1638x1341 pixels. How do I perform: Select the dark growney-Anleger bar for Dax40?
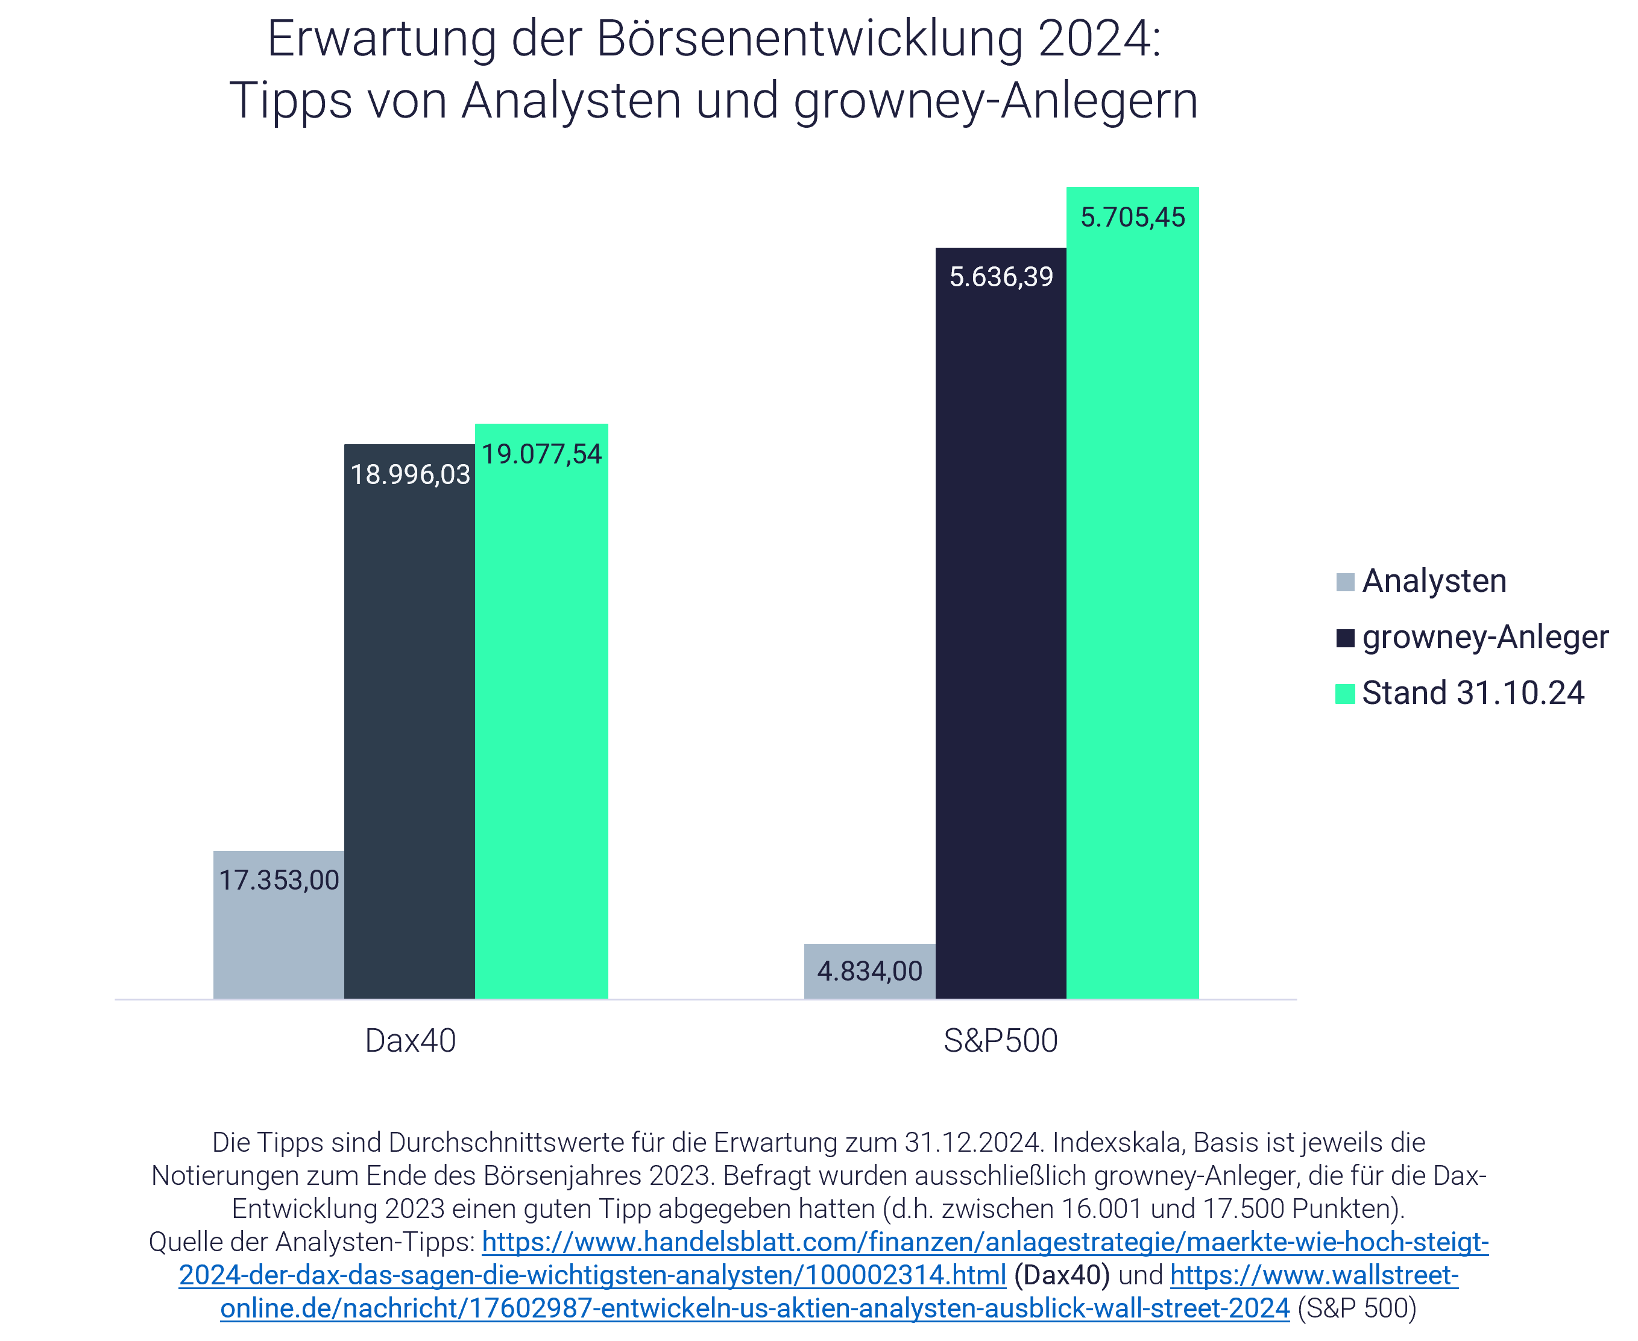click(409, 734)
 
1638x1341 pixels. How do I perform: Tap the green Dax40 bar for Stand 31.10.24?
click(541, 734)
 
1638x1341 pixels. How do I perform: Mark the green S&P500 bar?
click(1133, 618)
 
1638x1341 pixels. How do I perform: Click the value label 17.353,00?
click(279, 880)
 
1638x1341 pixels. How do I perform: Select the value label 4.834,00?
click(870, 971)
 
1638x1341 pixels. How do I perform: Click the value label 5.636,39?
click(1001, 277)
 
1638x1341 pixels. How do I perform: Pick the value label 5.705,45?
click(1133, 217)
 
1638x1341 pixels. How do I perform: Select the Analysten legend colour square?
click(1345, 582)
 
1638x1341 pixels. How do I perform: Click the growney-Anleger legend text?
click(1485, 636)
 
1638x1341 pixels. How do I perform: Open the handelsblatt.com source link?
click(985, 1242)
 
